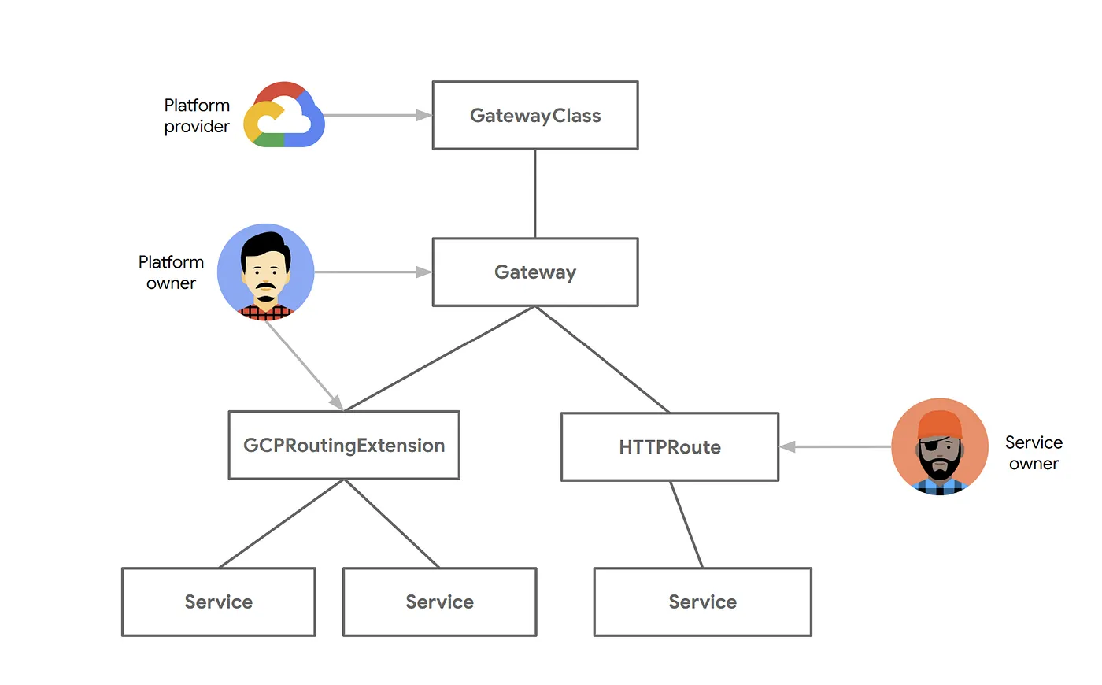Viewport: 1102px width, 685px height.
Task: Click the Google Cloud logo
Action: click(x=284, y=115)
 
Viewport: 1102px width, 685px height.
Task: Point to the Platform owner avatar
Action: click(x=266, y=272)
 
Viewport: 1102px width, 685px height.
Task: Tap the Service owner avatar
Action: click(x=940, y=447)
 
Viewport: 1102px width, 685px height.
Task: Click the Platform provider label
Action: click(x=197, y=116)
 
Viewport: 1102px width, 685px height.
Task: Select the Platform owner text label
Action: click(x=171, y=272)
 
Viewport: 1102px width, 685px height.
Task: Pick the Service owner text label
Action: click(x=1034, y=453)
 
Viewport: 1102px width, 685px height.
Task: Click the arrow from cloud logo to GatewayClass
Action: click(x=378, y=115)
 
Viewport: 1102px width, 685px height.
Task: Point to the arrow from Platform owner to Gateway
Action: click(x=373, y=272)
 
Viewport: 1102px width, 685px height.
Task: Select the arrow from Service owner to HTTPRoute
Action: click(x=836, y=447)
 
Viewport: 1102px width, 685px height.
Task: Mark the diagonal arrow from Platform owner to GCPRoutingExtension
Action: click(x=304, y=365)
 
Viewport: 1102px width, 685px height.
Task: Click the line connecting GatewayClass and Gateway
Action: click(x=535, y=194)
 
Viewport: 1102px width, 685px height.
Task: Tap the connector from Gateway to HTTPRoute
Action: click(x=602, y=359)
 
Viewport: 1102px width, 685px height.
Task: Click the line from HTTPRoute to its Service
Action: click(x=686, y=524)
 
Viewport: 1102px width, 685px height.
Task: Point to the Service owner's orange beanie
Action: click(x=940, y=424)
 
